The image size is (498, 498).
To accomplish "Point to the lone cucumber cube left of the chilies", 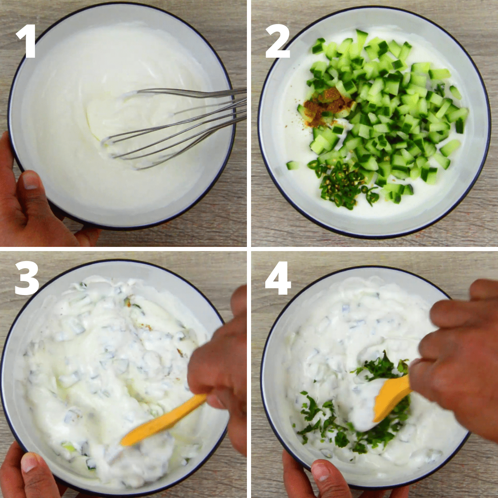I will pos(293,165).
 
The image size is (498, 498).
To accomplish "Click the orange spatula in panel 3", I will pos(162,421).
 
